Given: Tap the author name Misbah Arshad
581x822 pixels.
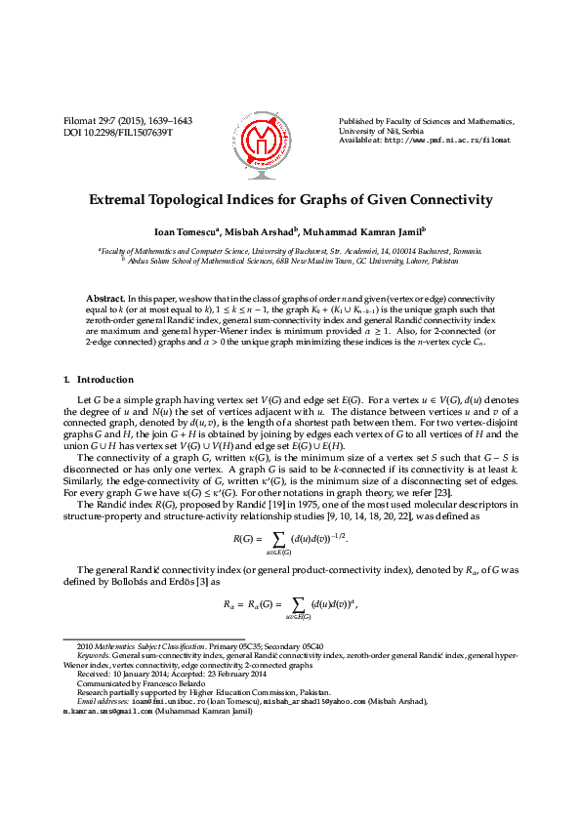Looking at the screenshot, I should pos(257,232).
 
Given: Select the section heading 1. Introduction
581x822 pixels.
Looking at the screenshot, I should pos(99,379).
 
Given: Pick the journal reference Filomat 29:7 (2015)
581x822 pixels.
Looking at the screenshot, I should pos(106,121).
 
